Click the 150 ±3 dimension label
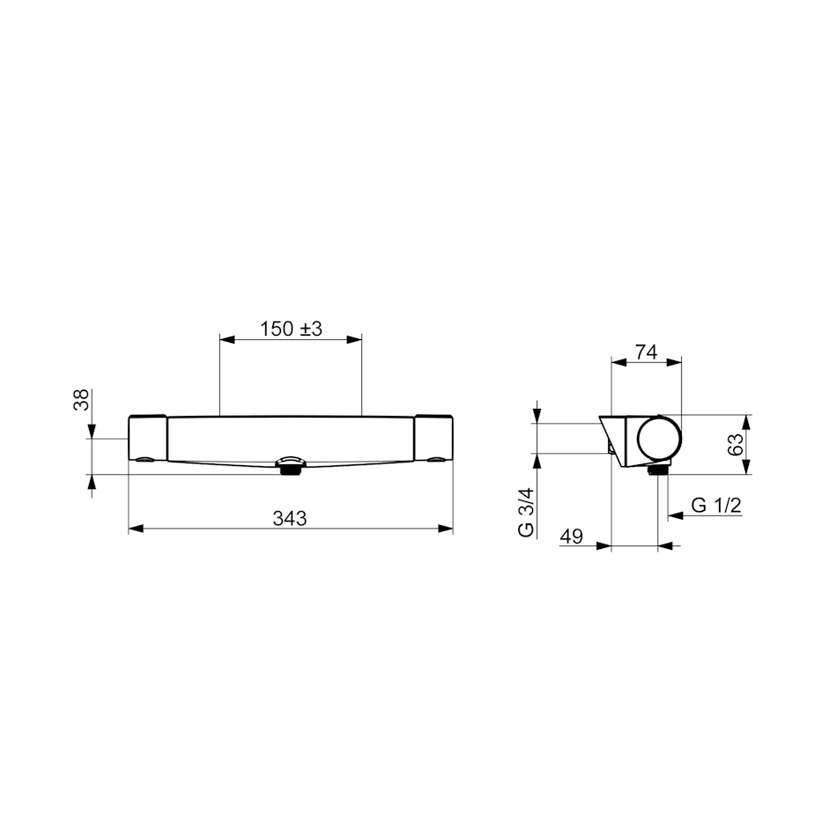[x=291, y=330]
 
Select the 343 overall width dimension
[x=289, y=518]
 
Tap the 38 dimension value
[x=81, y=400]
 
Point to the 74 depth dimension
[x=646, y=352]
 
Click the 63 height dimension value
[x=736, y=444]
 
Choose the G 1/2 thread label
[x=716, y=506]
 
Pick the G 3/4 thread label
[x=526, y=512]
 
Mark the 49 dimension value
[x=572, y=537]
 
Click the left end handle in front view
[x=148, y=439]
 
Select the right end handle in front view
[x=433, y=439]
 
